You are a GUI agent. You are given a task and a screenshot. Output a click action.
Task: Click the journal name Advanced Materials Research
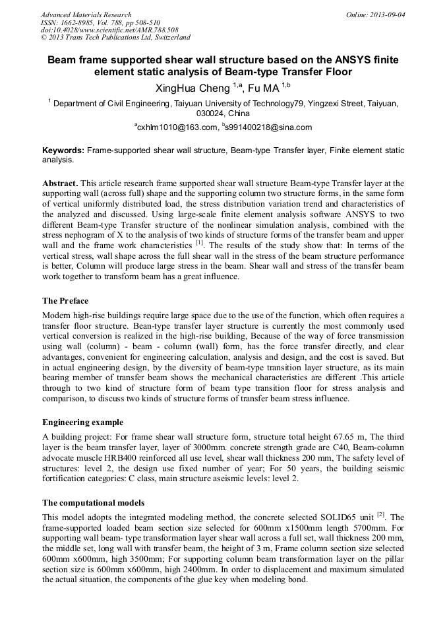[x=86, y=15]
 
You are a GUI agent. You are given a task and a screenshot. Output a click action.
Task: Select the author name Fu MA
[x=262, y=88]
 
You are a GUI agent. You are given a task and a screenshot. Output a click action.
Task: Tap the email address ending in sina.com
[x=269, y=127]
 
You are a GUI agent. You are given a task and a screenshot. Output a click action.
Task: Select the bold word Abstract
[x=61, y=182]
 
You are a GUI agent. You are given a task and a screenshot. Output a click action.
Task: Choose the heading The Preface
[x=65, y=301]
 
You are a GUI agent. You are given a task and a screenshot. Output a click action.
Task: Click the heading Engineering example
[x=83, y=422]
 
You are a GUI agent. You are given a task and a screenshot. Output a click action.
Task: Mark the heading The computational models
[x=94, y=503]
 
